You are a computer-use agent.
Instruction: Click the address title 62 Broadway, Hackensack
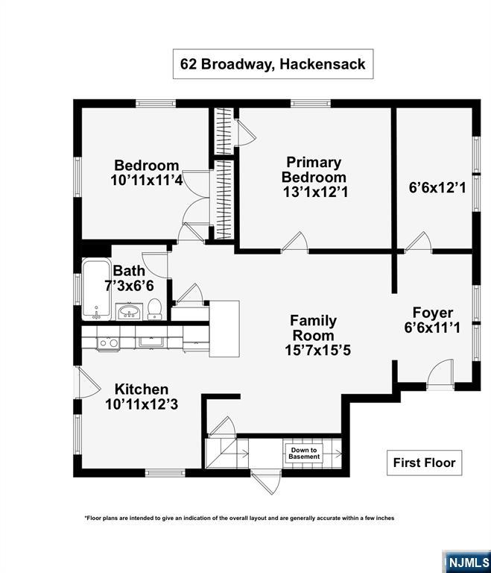[273, 64]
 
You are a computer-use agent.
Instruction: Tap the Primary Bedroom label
[314, 169]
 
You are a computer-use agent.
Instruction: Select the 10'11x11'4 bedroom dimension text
[146, 180]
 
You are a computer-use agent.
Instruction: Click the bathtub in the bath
[96, 289]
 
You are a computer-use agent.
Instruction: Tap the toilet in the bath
[155, 309]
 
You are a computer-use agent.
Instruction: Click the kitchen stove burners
[108, 343]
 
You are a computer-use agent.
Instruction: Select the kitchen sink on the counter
[151, 342]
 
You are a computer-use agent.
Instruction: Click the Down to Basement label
[304, 454]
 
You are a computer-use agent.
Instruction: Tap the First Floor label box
[424, 463]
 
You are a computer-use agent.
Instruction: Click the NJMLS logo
[467, 562]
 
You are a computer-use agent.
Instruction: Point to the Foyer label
[433, 313]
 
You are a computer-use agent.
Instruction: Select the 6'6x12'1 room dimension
[437, 188]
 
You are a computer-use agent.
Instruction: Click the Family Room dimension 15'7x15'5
[317, 350]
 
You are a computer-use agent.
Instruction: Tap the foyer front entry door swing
[440, 372]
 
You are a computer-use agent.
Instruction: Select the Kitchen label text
[142, 389]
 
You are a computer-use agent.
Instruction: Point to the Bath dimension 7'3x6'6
[129, 286]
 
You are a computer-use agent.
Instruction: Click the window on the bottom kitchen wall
[165, 473]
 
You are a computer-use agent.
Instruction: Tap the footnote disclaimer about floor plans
[239, 518]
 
